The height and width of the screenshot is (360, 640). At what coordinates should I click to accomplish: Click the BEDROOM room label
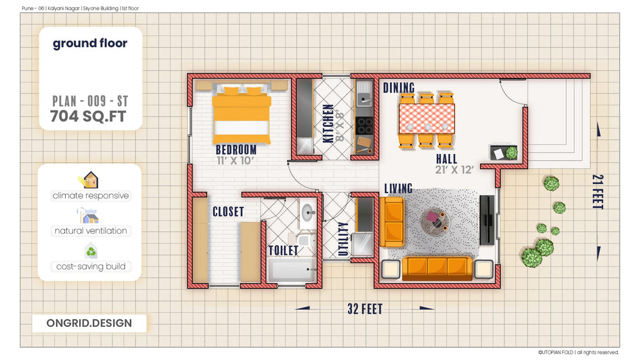pos(236,150)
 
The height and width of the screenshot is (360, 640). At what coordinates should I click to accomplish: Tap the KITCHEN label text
pos(328,124)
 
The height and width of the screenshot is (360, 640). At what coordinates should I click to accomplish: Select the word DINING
pos(399,88)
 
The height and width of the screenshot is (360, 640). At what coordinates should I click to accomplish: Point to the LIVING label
pos(399,188)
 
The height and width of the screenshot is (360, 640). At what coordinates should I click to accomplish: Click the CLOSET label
pos(228,212)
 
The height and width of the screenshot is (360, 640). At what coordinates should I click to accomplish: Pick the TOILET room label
pos(283,251)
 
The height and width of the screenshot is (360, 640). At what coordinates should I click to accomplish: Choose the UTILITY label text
pos(343,239)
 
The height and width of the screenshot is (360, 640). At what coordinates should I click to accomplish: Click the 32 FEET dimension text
pos(365,309)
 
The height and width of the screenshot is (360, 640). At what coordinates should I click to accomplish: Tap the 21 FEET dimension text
pos(598,192)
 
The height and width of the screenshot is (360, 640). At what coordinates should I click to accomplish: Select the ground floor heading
pos(90,44)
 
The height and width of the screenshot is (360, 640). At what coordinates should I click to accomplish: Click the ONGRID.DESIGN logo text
pos(89,323)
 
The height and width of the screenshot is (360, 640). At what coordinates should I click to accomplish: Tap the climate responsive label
pos(91,195)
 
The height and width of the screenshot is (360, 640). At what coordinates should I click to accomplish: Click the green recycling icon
pos(91,252)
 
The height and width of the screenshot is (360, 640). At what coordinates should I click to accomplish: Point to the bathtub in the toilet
pos(292,271)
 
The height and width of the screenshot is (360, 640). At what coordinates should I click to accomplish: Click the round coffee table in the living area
pos(435,220)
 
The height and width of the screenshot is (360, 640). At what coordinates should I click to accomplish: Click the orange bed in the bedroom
pos(241,116)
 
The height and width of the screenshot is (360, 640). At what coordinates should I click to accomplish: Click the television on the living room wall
pos(486,219)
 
